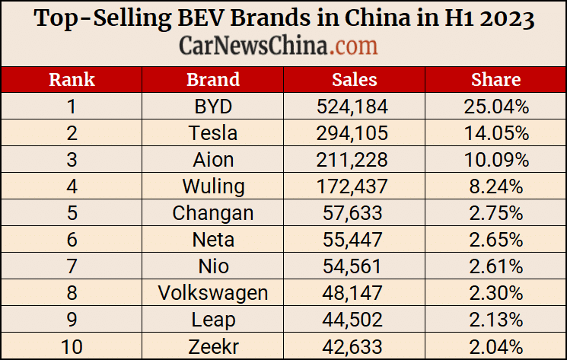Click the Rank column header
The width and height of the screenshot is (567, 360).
(72, 80)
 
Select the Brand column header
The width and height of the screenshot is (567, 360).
(213, 80)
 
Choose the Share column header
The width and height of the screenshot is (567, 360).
(495, 80)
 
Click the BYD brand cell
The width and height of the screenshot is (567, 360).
(213, 107)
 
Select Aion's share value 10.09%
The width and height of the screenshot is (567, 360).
(495, 160)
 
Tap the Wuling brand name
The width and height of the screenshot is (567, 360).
(213, 186)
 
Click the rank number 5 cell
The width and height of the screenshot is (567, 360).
(72, 213)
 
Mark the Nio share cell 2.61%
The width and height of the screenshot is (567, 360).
(495, 266)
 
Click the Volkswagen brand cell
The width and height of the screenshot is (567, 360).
(213, 293)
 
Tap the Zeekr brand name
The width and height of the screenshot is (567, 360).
(213, 346)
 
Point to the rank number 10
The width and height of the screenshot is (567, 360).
(72, 346)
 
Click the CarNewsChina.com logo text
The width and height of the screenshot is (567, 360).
(279, 46)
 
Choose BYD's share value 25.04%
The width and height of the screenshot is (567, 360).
(495, 107)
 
